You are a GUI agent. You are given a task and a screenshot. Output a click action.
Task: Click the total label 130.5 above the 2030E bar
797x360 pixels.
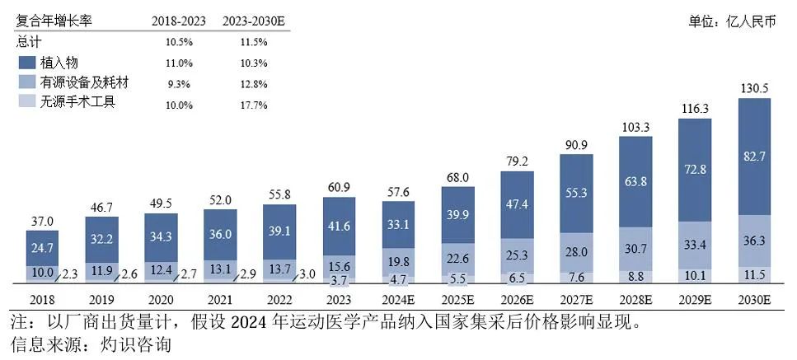click(x=754, y=89)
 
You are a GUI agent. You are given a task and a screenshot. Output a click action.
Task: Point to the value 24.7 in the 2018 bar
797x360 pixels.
click(x=42, y=245)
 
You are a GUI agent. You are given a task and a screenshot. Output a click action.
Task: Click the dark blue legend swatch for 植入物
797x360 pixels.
click(x=26, y=63)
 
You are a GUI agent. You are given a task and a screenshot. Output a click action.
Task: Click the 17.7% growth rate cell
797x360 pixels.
click(x=256, y=105)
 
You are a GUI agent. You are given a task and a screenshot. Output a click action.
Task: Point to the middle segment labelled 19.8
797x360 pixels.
click(x=398, y=262)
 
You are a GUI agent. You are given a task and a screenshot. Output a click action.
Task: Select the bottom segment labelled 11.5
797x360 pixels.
click(x=754, y=274)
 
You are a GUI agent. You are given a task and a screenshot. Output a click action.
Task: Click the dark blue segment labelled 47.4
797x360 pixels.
click(x=517, y=203)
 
